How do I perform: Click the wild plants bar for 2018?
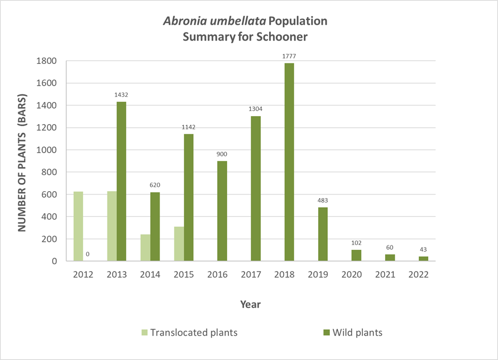pos(289,162)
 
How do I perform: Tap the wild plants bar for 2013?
pos(121,181)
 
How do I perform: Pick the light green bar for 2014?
pos(145,248)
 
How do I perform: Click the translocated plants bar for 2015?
pos(179,244)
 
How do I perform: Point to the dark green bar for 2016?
pos(222,211)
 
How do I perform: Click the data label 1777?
pos(289,55)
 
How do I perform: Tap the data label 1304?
pos(255,109)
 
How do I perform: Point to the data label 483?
pos(323,200)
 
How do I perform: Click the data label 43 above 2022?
pos(424,249)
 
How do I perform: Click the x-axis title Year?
pos(250,305)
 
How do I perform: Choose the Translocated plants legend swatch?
pos(144,333)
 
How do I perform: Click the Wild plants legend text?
pos(357,333)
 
